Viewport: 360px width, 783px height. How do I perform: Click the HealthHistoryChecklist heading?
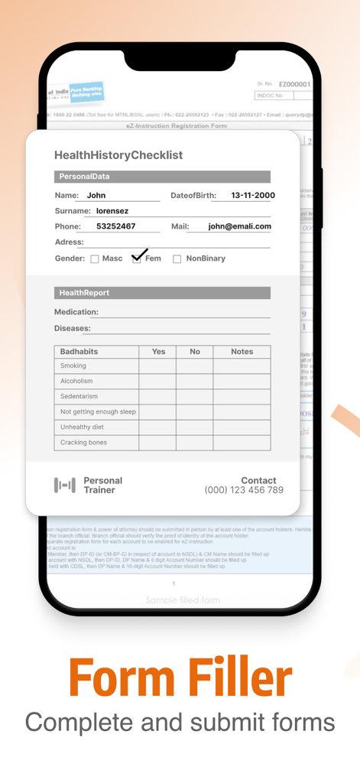(118, 155)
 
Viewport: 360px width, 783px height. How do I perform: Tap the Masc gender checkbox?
(95, 259)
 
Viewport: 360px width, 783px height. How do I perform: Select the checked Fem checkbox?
(137, 258)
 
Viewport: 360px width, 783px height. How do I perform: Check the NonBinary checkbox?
(177, 259)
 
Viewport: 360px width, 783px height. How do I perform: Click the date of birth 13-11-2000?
(253, 196)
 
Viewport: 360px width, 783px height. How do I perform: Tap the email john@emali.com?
(239, 226)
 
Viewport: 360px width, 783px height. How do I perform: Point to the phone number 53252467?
(116, 226)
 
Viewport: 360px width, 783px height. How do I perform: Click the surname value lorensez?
(112, 211)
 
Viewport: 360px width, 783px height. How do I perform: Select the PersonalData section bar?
(162, 177)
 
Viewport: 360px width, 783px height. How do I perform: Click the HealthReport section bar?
(162, 293)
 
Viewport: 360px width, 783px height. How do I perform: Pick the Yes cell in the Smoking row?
(157, 366)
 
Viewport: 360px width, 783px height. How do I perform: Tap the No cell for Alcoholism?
(194, 382)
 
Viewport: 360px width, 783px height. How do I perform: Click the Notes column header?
(242, 352)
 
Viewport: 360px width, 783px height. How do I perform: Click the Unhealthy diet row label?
(82, 427)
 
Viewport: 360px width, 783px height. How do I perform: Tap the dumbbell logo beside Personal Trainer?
(65, 485)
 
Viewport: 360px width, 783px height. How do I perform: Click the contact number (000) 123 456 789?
(244, 490)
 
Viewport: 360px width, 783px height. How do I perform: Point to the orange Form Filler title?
(180, 677)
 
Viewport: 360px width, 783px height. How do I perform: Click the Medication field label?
(76, 312)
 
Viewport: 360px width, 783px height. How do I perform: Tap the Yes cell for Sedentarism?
(157, 397)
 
